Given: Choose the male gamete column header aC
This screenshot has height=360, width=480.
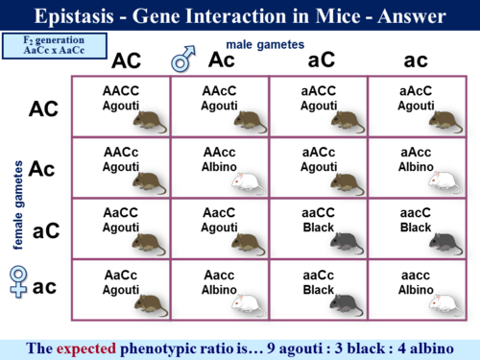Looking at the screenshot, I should point(320,60).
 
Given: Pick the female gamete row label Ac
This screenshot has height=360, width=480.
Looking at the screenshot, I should point(42,169).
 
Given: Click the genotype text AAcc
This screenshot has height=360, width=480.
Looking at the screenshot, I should point(220,152).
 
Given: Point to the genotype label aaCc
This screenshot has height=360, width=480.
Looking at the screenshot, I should point(318,276).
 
